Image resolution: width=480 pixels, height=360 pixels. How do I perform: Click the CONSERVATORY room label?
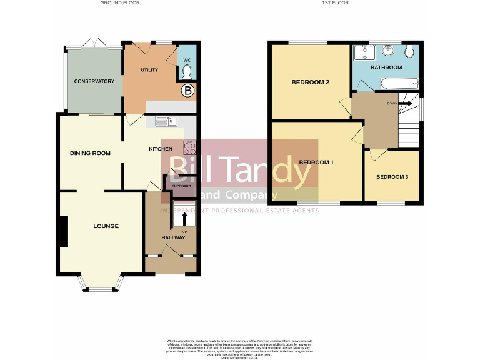(x=94, y=81)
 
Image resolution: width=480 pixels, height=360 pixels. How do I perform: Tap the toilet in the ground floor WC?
(x=187, y=71)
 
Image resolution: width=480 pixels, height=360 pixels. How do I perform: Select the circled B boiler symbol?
(x=187, y=91)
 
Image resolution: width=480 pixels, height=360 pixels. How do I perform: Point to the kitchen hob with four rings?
(x=190, y=148)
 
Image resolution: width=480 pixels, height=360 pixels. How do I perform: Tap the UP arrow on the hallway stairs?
(x=184, y=218)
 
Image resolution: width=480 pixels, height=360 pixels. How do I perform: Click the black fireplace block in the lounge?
(x=63, y=231)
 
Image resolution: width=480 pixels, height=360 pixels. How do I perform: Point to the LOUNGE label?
(x=106, y=226)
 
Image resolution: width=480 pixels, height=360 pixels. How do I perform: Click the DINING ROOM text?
(x=90, y=152)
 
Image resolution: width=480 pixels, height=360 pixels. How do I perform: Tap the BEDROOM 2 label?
(x=310, y=82)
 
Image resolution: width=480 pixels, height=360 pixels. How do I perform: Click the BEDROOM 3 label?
(x=392, y=177)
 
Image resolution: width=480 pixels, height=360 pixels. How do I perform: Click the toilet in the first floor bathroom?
(x=409, y=51)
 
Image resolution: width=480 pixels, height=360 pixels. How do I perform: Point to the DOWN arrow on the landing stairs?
(x=403, y=103)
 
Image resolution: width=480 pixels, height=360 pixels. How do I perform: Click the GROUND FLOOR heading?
(x=120, y=3)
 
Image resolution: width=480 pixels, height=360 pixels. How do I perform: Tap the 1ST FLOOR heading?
(x=334, y=3)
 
